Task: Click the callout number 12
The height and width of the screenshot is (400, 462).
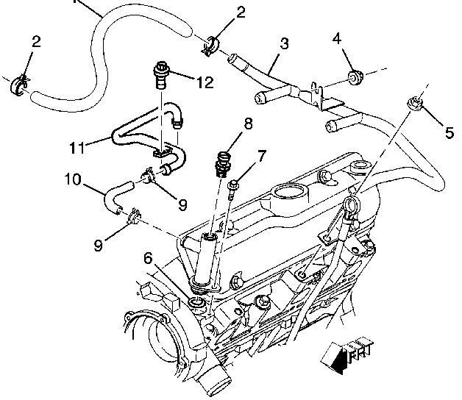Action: click(205, 82)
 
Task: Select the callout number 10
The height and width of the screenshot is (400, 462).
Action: click(73, 179)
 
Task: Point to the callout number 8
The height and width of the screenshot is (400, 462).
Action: click(248, 124)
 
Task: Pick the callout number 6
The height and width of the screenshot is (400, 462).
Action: click(149, 257)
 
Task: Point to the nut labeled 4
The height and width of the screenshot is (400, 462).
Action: click(355, 76)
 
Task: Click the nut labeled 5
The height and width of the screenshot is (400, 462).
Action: click(413, 104)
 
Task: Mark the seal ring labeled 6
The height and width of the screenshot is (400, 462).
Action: click(197, 303)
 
